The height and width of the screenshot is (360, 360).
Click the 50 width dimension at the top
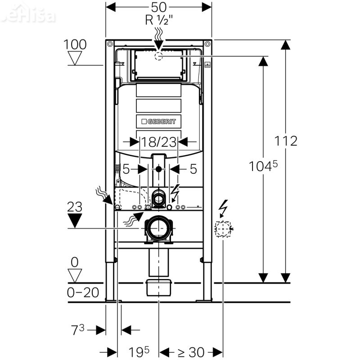pos(159,7)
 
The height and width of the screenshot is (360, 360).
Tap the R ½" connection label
pos(158,21)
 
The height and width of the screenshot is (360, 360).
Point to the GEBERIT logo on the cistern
pos(158,121)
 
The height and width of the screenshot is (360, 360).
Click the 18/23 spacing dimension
pos(158,143)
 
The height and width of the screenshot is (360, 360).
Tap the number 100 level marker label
pos(75,45)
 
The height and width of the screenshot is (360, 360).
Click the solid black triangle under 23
pos(75,220)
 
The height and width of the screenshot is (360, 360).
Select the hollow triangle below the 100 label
pos(75,58)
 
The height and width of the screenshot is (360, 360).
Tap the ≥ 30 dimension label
pos(190,351)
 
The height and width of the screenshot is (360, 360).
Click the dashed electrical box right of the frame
pos(223,229)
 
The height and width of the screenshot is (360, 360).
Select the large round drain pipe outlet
pos(158,228)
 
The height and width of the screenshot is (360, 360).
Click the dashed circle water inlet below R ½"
pos(158,56)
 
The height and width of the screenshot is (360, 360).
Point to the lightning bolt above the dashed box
pos(223,208)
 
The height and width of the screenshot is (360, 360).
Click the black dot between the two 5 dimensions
pos(158,169)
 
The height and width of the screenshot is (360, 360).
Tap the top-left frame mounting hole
pos(109,45)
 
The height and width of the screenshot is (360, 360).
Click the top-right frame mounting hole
pos(207,45)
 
